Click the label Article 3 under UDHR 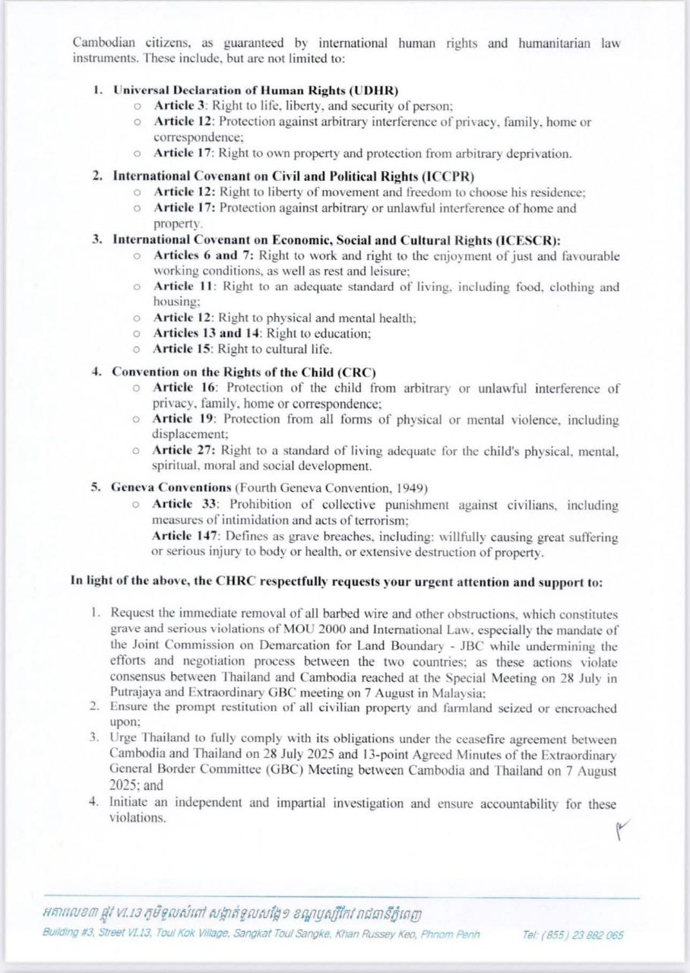[x=179, y=106]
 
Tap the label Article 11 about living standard [x=181, y=287]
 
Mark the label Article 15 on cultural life [x=182, y=350]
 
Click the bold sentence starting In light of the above [x=337, y=582]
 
